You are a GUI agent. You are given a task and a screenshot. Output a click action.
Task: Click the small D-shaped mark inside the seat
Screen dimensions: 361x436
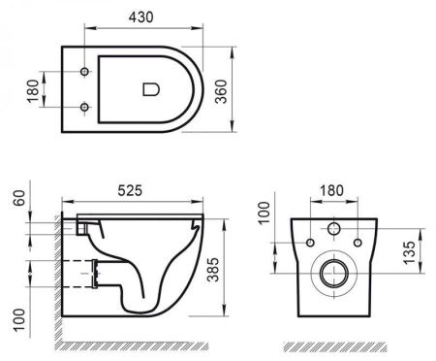click(150, 90)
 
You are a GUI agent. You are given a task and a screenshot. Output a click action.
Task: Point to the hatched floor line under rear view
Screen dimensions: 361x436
click(334, 345)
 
